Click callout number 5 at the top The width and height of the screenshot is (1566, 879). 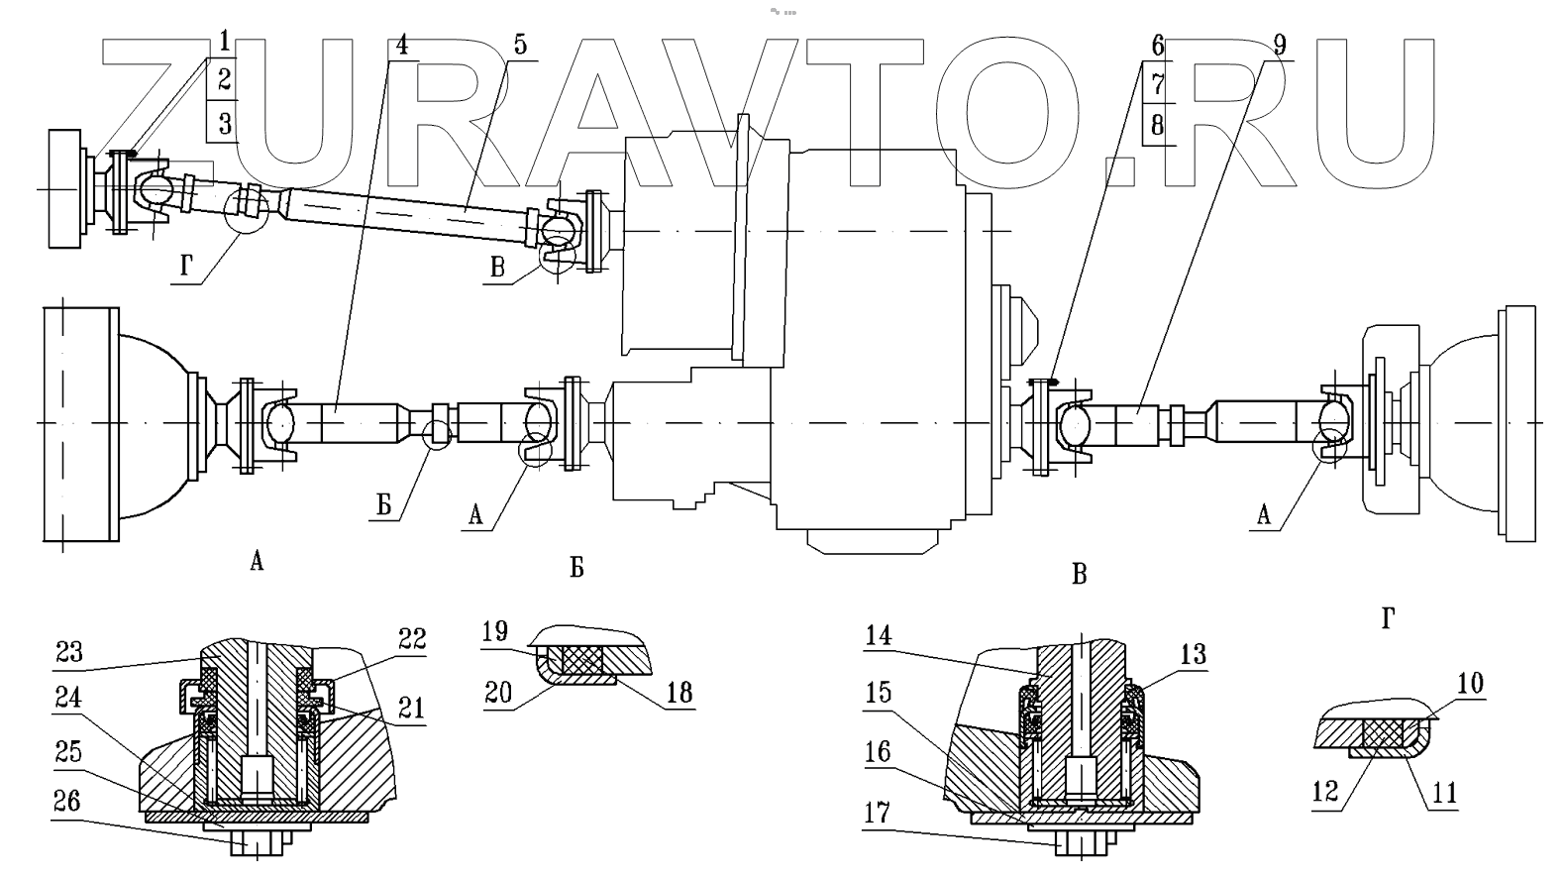[x=521, y=45]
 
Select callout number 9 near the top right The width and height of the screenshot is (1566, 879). [x=1279, y=45]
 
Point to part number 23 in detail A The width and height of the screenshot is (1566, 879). [x=70, y=652]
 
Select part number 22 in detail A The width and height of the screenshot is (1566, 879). [x=413, y=640]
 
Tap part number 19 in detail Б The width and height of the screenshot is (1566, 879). [x=495, y=630]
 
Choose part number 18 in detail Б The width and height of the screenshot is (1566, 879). [x=679, y=693]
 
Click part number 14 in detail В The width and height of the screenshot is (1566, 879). [x=878, y=636]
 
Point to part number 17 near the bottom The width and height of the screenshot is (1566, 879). [x=878, y=815]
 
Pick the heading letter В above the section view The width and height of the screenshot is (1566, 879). [x=1080, y=574]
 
